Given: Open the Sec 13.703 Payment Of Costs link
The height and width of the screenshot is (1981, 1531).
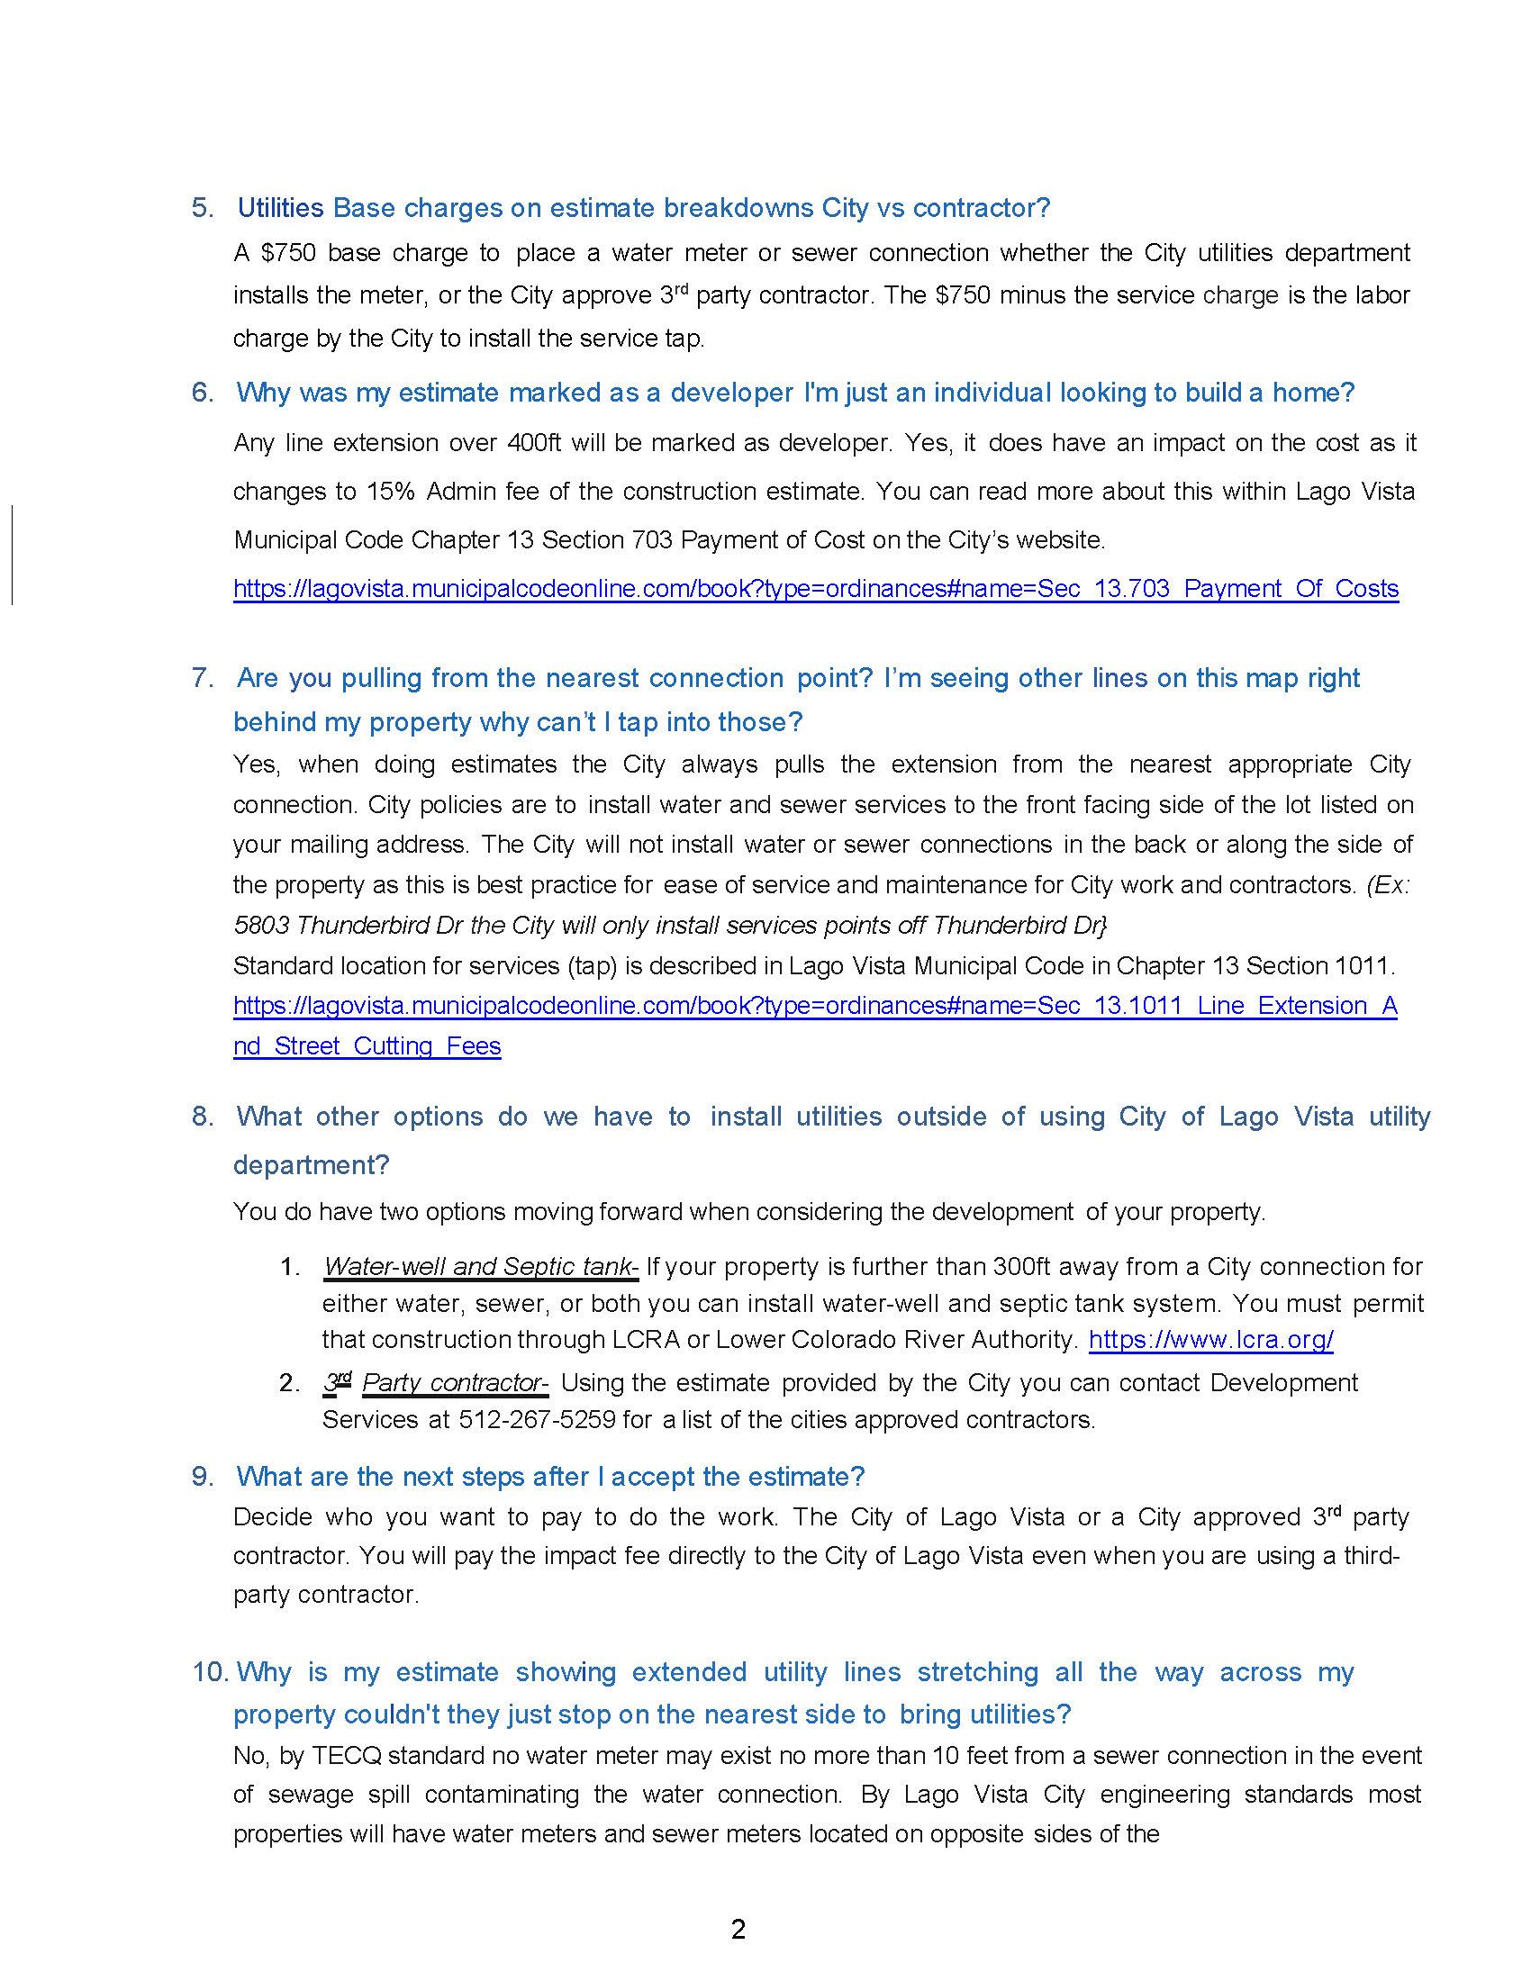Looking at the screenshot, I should (x=815, y=589).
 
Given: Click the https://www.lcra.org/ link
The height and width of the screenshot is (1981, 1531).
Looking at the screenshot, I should (x=1209, y=1340).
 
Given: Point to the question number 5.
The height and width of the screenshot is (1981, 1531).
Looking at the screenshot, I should (x=203, y=208).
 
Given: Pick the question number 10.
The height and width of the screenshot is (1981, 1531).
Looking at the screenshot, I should (x=210, y=1672).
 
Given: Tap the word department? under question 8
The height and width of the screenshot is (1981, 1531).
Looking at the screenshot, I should (x=311, y=1163).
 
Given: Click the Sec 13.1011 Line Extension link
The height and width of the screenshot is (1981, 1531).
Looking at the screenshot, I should (x=815, y=1006).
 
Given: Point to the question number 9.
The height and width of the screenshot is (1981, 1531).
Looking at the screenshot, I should (x=203, y=1477).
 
